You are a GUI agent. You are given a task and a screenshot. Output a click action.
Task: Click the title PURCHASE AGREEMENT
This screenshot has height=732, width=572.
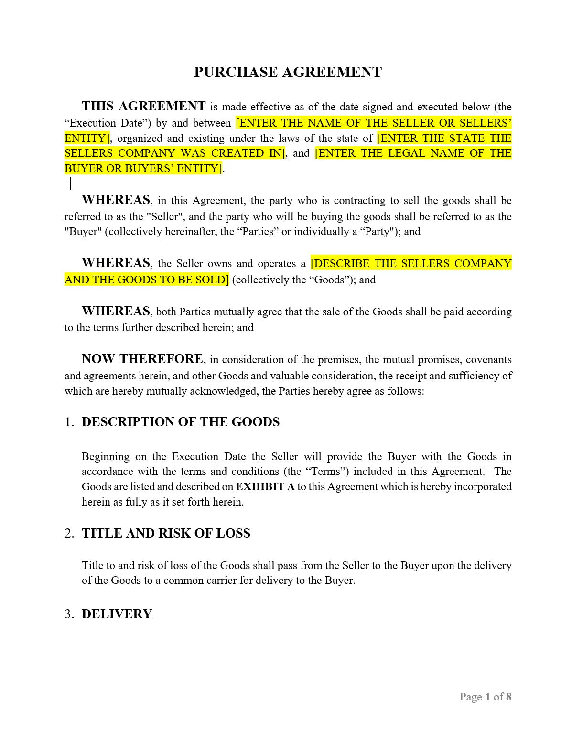click(x=288, y=72)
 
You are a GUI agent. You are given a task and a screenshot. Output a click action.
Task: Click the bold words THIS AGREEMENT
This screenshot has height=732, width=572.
click(x=143, y=106)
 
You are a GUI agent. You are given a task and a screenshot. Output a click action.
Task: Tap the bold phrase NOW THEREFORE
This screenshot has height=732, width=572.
click(x=142, y=359)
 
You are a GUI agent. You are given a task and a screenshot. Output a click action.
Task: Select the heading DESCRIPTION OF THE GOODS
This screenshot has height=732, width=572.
click(x=181, y=422)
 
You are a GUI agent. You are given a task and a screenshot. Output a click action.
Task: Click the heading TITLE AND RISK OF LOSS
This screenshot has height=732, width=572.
click(x=166, y=533)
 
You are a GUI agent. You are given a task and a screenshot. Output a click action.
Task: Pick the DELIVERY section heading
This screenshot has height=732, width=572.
click(x=117, y=614)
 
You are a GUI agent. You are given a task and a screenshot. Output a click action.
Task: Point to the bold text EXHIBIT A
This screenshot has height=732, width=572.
click(x=265, y=487)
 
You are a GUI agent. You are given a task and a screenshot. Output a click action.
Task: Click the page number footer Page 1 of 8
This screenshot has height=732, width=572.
click(x=485, y=697)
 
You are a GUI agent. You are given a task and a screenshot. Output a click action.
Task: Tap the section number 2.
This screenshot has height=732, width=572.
click(x=69, y=533)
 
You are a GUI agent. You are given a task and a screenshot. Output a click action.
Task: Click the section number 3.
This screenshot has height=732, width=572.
click(x=69, y=614)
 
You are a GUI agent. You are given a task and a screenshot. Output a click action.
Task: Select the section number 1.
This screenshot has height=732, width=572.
click(x=69, y=422)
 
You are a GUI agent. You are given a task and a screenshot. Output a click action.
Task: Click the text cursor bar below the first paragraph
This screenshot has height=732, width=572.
click(x=71, y=183)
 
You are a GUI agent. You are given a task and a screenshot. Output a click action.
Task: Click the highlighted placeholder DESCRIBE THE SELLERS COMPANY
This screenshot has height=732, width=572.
click(x=411, y=263)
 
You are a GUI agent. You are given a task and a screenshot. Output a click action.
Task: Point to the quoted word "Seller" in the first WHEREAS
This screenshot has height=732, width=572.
click(x=164, y=216)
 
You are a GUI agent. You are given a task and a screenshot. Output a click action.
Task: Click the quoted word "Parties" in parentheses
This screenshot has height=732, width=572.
click(x=255, y=232)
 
